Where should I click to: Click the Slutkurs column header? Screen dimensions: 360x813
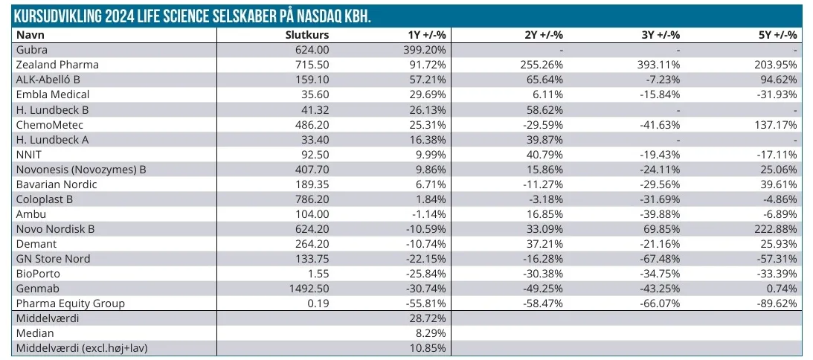point(307,35)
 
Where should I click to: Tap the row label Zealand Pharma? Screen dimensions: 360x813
point(57,65)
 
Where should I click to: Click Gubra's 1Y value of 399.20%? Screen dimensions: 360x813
point(425,50)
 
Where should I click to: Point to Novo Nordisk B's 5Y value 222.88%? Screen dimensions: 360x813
point(777,228)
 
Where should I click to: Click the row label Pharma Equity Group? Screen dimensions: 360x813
point(71,303)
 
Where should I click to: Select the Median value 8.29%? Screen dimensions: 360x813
point(431,332)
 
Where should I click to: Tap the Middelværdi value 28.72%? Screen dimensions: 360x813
point(428,318)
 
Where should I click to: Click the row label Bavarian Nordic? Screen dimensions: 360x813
point(57,184)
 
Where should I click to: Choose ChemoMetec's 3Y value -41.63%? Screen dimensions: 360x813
point(660,124)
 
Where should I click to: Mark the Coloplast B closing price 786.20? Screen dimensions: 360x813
point(312,199)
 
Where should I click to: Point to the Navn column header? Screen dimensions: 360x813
point(30,35)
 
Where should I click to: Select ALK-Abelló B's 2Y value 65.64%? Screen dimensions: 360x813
point(544,80)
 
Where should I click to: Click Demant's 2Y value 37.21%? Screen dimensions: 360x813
point(544,243)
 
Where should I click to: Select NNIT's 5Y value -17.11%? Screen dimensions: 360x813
point(777,154)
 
